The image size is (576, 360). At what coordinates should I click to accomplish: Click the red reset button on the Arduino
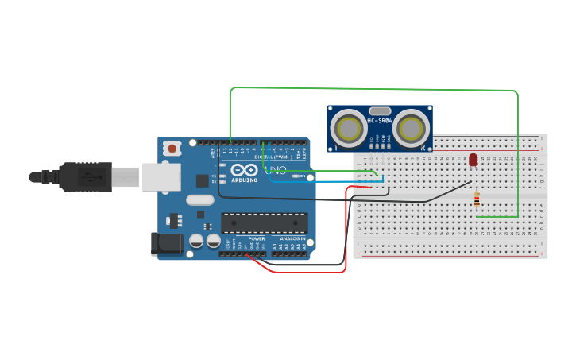(x=172, y=148)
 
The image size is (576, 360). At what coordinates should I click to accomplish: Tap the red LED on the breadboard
(x=473, y=160)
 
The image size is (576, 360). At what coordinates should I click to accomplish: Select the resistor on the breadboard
(x=476, y=199)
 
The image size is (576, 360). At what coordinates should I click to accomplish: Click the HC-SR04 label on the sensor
(x=380, y=121)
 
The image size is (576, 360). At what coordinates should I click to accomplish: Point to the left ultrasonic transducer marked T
(x=348, y=127)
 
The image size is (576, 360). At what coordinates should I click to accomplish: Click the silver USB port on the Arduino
(x=161, y=177)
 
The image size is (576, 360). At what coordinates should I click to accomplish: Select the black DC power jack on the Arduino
(x=167, y=243)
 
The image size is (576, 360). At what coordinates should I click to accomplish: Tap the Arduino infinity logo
(x=245, y=170)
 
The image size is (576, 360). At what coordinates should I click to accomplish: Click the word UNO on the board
(x=275, y=171)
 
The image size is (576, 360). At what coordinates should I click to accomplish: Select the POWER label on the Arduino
(x=257, y=238)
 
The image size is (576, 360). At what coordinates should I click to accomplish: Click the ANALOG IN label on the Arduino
(x=292, y=238)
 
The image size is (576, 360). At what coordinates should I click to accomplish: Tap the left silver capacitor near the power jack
(x=196, y=240)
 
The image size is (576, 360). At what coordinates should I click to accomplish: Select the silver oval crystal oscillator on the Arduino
(x=201, y=201)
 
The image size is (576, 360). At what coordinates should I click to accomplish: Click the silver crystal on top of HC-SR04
(x=380, y=110)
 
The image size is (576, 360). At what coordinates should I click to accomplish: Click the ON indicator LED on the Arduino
(x=296, y=176)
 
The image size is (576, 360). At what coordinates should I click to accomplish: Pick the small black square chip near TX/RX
(x=203, y=180)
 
